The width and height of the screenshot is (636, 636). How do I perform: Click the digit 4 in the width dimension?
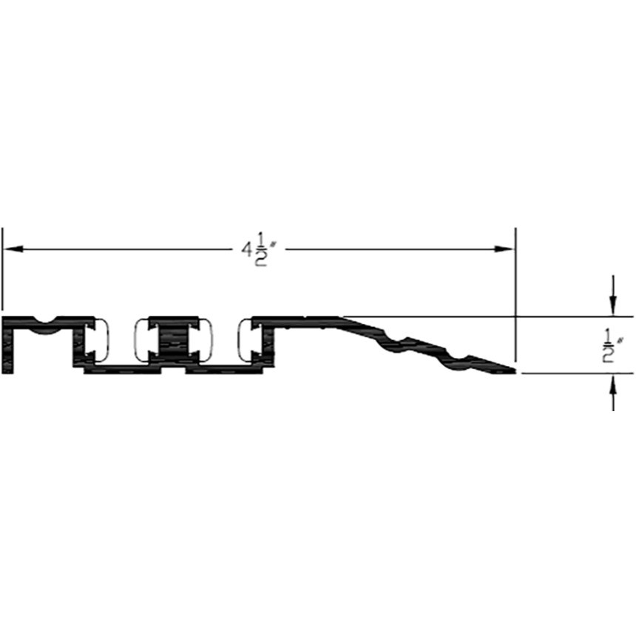pos(246,252)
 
